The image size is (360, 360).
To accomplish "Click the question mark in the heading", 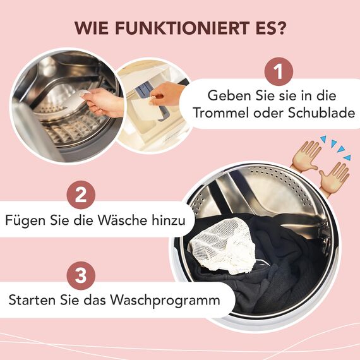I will pyautogui.click(x=281, y=28).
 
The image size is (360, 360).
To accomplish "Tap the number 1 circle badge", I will pyautogui.click(x=279, y=72).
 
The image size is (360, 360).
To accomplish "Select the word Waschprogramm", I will pyautogui.click(x=169, y=299).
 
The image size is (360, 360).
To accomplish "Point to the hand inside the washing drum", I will pyautogui.click(x=102, y=101).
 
